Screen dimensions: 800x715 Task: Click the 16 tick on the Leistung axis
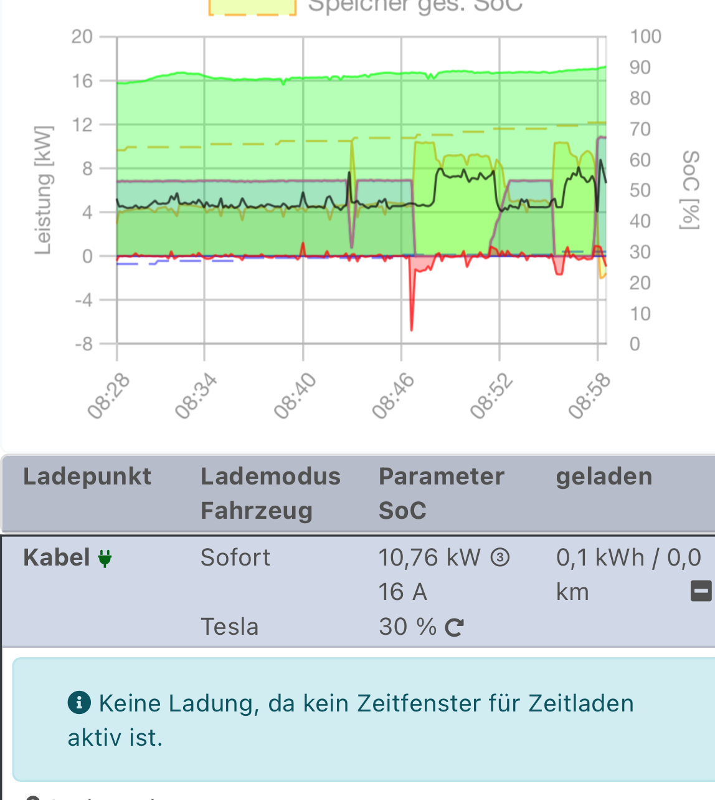pyautogui.click(x=82, y=81)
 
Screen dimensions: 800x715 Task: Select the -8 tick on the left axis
pyautogui.click(x=83, y=344)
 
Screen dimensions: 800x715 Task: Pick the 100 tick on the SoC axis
pyautogui.click(x=645, y=37)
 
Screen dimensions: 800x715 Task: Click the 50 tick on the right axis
pyautogui.click(x=640, y=190)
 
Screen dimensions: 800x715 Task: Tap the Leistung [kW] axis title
pyautogui.click(x=43, y=190)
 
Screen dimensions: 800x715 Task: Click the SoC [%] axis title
pyautogui.click(x=689, y=190)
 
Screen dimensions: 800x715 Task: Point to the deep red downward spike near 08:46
pyautogui.click(x=412, y=312)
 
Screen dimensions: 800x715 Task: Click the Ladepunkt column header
pyautogui.click(x=87, y=477)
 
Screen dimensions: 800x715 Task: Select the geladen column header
pyautogui.click(x=604, y=477)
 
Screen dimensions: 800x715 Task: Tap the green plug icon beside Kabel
pyautogui.click(x=105, y=558)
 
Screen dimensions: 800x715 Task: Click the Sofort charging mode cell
pyautogui.click(x=235, y=557)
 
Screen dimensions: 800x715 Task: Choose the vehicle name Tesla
pyautogui.click(x=229, y=627)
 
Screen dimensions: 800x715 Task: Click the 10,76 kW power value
pyautogui.click(x=430, y=557)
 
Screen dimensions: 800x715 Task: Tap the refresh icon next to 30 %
pyautogui.click(x=454, y=627)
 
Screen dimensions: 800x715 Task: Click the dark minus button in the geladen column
pyautogui.click(x=701, y=590)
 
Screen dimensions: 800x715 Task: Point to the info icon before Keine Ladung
pyautogui.click(x=79, y=703)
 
